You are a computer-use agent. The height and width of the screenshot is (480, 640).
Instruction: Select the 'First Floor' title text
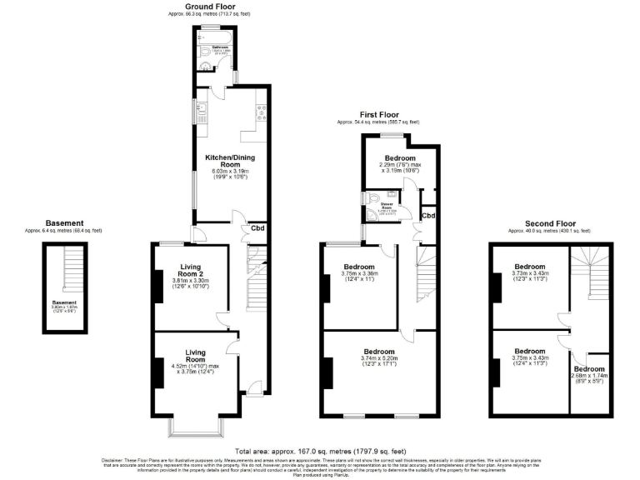click(x=377, y=116)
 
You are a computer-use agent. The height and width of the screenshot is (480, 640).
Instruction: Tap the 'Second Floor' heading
click(x=550, y=223)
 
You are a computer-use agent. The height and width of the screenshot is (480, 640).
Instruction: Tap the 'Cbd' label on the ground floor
click(x=258, y=230)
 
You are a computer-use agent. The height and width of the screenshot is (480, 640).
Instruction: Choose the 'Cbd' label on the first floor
click(x=428, y=216)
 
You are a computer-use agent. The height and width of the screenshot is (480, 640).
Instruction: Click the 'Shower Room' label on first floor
click(x=387, y=203)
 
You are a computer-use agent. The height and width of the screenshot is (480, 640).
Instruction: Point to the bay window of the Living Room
click(x=197, y=427)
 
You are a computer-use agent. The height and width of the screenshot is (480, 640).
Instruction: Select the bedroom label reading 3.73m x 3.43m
click(x=529, y=272)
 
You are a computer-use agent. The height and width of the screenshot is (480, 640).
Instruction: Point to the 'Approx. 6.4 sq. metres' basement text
click(x=64, y=231)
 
